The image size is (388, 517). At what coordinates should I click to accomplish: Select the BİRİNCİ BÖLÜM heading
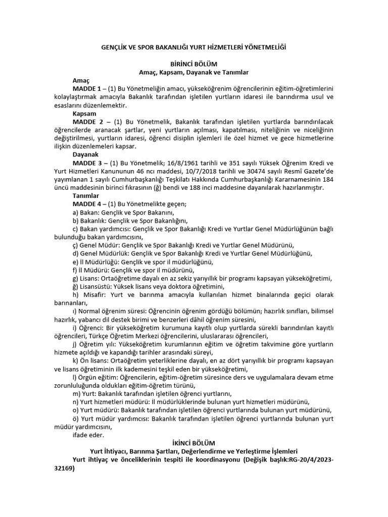click(x=194, y=64)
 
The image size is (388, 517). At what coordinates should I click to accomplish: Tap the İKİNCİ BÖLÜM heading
click(x=194, y=442)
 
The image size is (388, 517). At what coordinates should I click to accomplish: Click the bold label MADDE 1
click(x=89, y=89)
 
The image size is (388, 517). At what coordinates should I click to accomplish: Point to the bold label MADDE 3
click(x=89, y=163)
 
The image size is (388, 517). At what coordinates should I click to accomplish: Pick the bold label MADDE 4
click(x=89, y=204)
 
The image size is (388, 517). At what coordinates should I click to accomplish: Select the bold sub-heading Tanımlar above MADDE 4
click(x=86, y=195)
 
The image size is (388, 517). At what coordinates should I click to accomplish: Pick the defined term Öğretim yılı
click(x=98, y=344)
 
